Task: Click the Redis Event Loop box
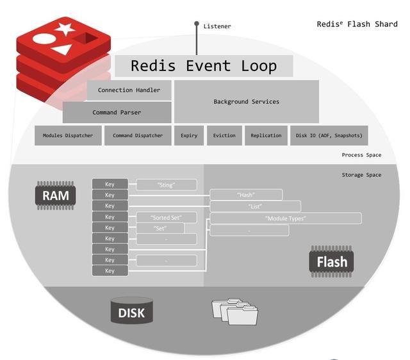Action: (204, 66)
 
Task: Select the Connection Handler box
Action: (129, 90)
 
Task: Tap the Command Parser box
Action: (117, 112)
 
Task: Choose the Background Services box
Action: (246, 101)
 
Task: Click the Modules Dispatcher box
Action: (68, 136)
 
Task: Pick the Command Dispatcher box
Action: (138, 136)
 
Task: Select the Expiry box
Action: (189, 136)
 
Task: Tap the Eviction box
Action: (224, 136)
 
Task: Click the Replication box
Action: (266, 136)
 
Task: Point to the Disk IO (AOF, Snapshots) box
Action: (329, 136)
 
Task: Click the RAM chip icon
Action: (55, 195)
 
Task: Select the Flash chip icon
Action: (331, 261)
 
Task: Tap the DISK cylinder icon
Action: (131, 312)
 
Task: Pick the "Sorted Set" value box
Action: (165, 217)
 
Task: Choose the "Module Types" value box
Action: (286, 218)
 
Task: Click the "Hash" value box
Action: (246, 195)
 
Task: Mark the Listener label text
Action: (217, 26)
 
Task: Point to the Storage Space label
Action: (361, 175)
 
